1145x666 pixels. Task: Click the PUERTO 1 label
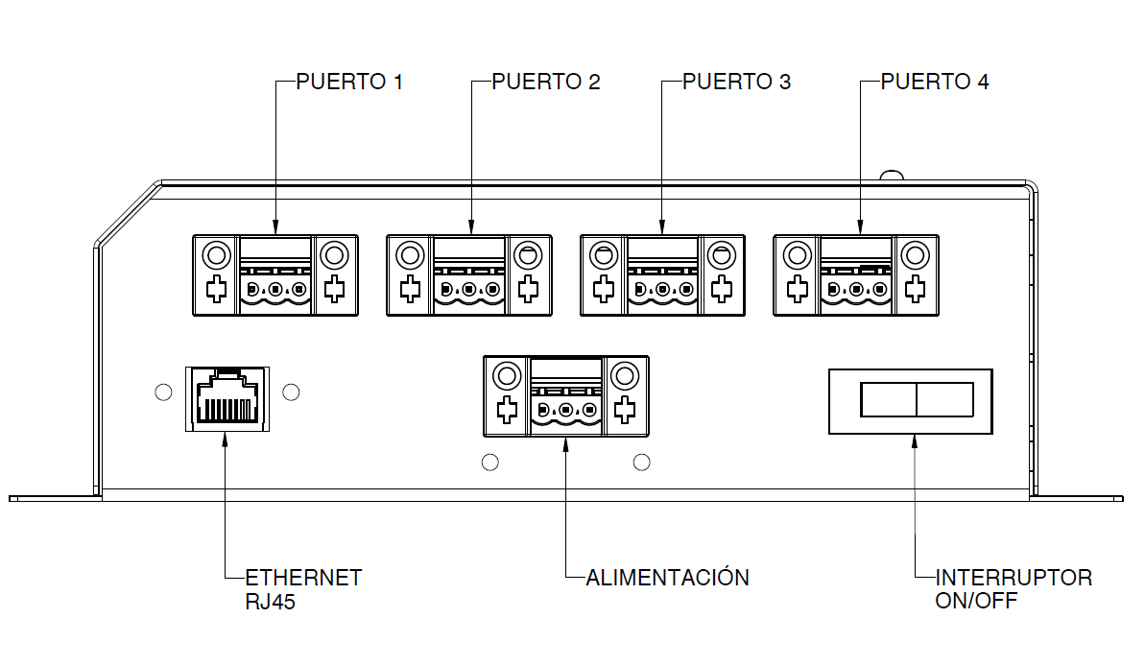coord(349,82)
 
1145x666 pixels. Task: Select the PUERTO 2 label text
coord(545,82)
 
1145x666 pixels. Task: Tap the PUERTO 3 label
coord(736,82)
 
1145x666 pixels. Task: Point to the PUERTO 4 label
coord(935,82)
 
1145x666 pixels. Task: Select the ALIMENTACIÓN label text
coord(667,578)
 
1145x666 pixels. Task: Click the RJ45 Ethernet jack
coord(226,397)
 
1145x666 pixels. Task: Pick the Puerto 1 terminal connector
coord(275,275)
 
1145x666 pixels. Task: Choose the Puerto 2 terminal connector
coord(468,275)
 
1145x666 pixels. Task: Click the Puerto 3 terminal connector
coord(662,275)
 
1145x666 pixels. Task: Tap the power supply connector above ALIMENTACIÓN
coord(566,396)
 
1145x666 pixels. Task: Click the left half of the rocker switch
coord(889,399)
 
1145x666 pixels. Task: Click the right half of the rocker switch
coord(945,399)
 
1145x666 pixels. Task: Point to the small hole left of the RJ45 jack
coord(163,392)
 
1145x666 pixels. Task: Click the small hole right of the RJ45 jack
coord(293,392)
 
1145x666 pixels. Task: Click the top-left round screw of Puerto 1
coord(216,256)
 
